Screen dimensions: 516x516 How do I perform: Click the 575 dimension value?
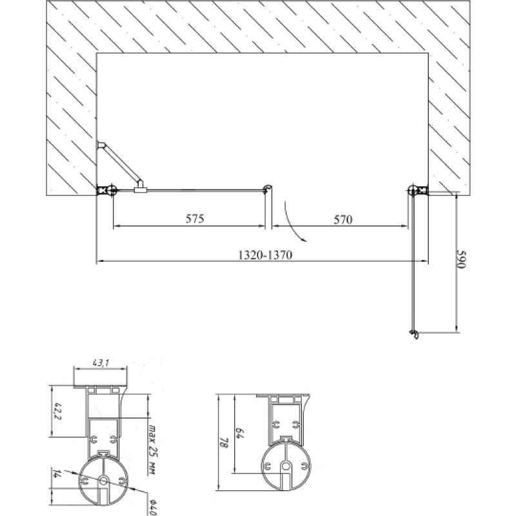[195, 219]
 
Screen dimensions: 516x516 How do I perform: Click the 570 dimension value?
[343, 219]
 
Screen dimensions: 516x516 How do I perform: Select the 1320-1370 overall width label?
[265, 255]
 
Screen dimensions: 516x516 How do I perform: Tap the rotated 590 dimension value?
[462, 259]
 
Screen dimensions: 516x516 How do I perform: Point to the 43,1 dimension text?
[101, 363]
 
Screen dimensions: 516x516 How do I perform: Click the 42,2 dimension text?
[58, 411]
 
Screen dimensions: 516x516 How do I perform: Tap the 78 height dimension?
[224, 442]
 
